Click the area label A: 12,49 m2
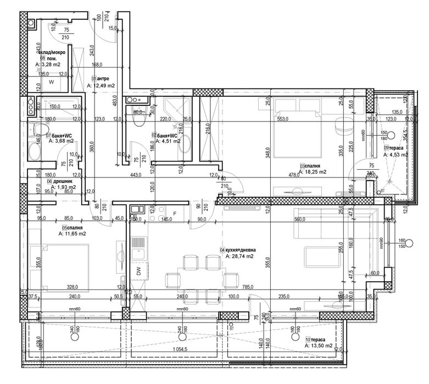(x=101, y=86)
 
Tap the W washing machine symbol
(x=51, y=82)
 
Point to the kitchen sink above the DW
(x=139, y=244)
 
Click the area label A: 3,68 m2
(x=60, y=141)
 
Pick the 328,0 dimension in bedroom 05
(x=73, y=286)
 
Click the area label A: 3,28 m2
(x=50, y=64)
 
